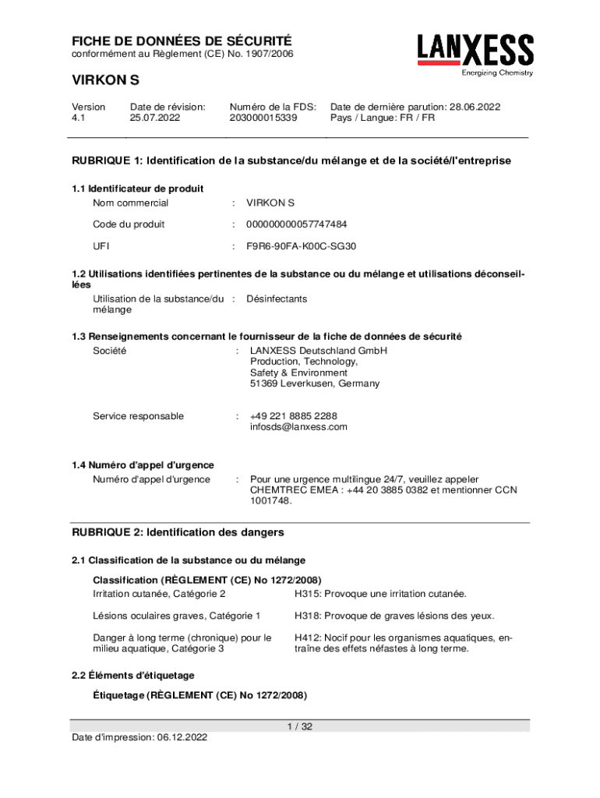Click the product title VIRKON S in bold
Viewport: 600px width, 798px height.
106,80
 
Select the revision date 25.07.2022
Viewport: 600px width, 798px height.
155,118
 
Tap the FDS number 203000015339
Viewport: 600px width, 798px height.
263,118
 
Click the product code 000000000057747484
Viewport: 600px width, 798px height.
297,224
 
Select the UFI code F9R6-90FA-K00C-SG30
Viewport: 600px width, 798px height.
302,246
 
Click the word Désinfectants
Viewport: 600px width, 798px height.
277,298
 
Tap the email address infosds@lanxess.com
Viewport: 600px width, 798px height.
298,427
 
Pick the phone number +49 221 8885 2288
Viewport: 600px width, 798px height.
293,416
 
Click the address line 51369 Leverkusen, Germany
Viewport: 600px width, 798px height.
304,383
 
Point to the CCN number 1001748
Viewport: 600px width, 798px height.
270,501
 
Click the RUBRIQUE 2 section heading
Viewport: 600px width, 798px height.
178,532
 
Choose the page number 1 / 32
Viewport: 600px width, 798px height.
300,726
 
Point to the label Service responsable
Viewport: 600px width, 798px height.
139,416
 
